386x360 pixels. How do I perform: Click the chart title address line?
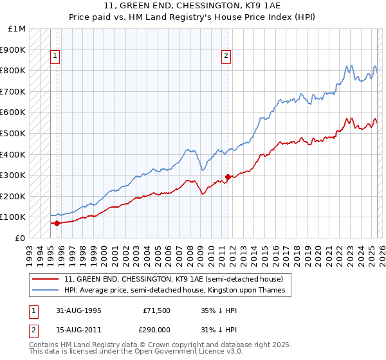coord(192,6)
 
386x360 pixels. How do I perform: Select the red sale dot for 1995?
coord(57,223)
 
